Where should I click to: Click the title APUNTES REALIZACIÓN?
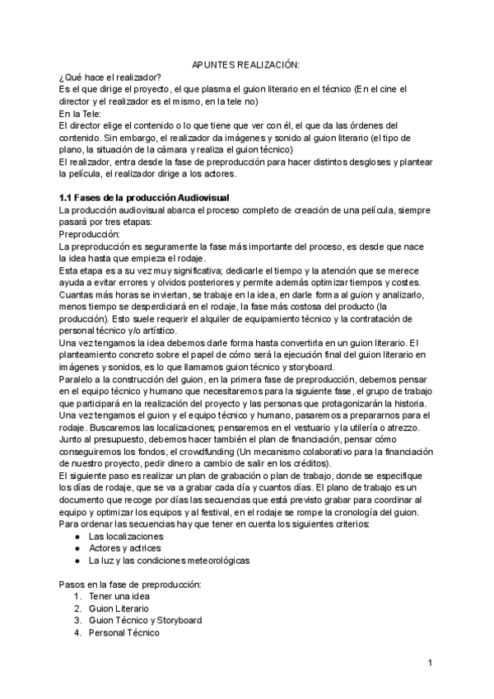246,64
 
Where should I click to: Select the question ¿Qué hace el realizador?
110,77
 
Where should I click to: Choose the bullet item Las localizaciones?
125,536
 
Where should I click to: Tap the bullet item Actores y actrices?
124,548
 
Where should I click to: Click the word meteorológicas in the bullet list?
214,561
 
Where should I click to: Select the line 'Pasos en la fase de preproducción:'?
130,584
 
